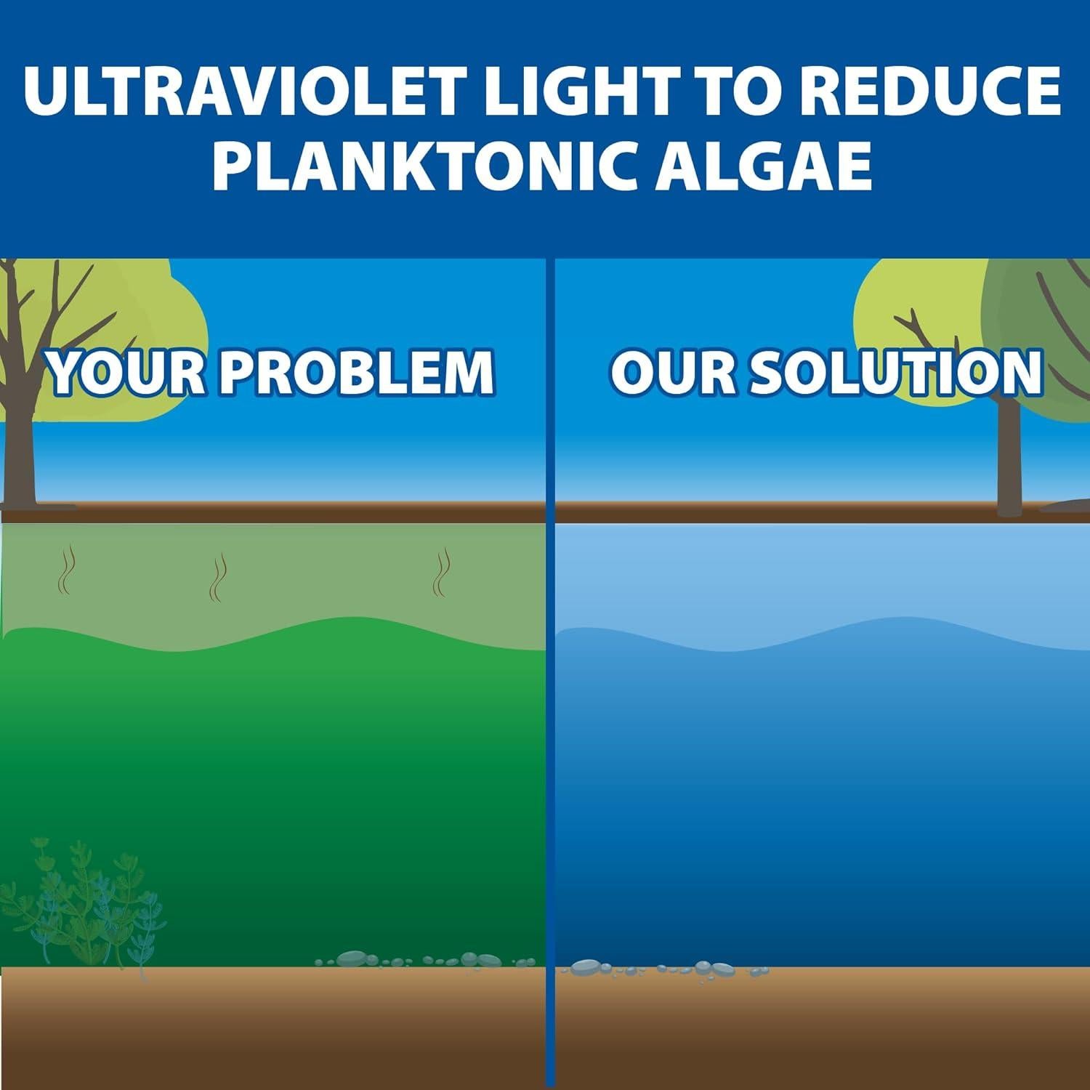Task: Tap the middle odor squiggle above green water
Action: (x=218, y=576)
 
